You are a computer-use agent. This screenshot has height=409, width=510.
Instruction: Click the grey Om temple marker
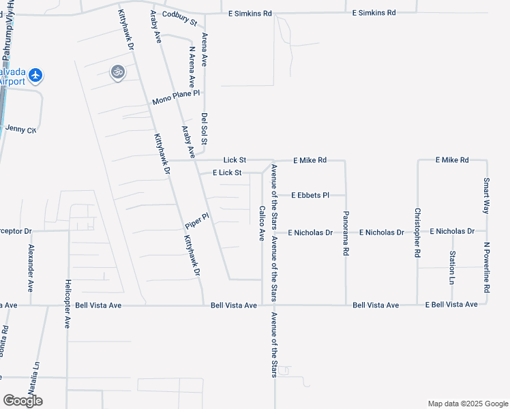point(117,72)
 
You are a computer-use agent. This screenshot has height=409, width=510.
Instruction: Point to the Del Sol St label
point(203,128)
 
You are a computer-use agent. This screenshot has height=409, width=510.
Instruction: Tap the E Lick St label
point(227,172)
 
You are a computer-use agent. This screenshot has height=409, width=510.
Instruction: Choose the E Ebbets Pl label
point(310,195)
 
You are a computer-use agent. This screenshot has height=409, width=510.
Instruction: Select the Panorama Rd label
point(346,232)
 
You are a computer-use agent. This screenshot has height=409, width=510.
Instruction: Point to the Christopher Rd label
point(417,232)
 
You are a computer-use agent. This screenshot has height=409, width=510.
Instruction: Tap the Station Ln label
point(452,267)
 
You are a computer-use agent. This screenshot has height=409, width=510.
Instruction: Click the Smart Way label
point(486,196)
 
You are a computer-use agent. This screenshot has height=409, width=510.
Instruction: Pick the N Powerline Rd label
point(487,267)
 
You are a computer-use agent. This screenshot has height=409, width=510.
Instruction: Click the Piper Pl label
point(196,221)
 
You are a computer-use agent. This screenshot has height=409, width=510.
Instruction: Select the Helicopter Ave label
point(67,303)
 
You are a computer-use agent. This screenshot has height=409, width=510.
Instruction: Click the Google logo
point(22,400)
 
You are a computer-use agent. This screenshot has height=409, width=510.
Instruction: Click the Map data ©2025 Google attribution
point(467,404)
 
